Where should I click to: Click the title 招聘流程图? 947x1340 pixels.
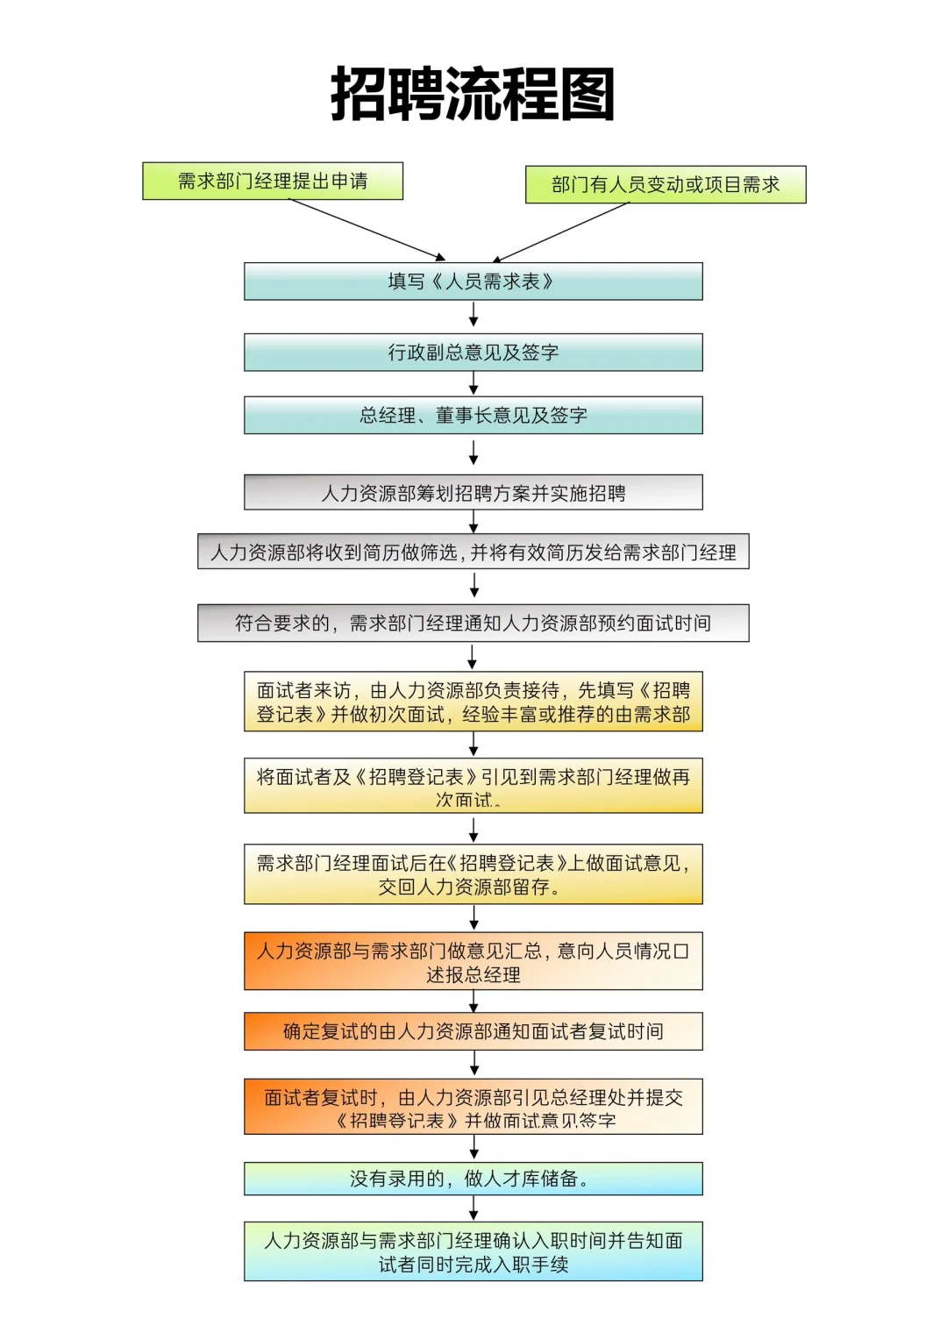pos(473,94)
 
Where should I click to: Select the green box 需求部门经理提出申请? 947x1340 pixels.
pos(273,181)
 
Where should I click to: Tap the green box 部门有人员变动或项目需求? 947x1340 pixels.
pos(666,184)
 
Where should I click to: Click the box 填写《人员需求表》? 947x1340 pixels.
pos(473,282)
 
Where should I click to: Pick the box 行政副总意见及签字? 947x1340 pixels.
pos(473,352)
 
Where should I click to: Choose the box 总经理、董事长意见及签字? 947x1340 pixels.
pos(473,415)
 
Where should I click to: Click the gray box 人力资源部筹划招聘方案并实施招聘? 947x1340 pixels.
pos(473,492)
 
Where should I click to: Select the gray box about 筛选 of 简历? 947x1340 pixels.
pos(473,552)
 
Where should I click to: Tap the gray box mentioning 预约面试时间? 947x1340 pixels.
pos(473,623)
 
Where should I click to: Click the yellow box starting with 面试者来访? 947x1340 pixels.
pos(473,702)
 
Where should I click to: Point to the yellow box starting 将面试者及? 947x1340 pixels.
pos(473,786)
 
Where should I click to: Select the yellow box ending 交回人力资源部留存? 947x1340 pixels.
pos(473,874)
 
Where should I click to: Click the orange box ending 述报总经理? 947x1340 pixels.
pos(473,961)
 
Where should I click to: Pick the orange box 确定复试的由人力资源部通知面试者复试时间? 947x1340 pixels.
pos(473,1031)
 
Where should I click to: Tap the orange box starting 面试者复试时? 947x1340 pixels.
pos(473,1107)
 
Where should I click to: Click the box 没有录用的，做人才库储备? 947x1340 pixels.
pos(473,1179)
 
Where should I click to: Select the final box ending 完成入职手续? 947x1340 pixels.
pos(473,1251)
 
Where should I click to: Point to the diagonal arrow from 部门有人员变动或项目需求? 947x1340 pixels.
pos(561,232)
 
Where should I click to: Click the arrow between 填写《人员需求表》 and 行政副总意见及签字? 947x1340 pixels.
pos(473,315)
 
